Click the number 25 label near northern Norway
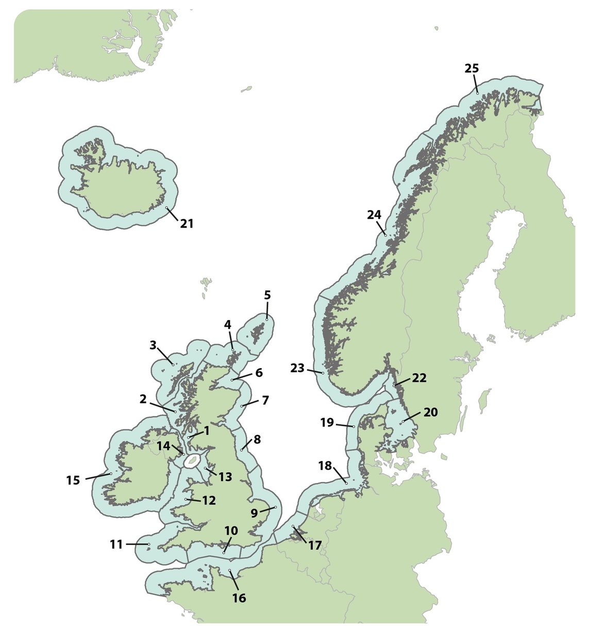click(x=472, y=68)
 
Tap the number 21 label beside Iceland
click(x=187, y=223)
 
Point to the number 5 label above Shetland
click(x=267, y=295)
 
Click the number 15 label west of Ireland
click(x=73, y=480)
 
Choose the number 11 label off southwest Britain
click(x=116, y=544)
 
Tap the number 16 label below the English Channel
click(x=239, y=598)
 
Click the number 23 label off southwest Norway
click(x=297, y=369)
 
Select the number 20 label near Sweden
click(x=430, y=412)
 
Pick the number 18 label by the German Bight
click(x=325, y=466)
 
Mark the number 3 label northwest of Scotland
click(x=153, y=345)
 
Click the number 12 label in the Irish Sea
click(x=209, y=500)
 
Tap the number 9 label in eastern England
click(x=254, y=513)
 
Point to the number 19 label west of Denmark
click(x=327, y=423)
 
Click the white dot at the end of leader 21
click(x=167, y=208)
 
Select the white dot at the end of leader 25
click(x=478, y=93)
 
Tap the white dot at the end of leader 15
click(x=111, y=474)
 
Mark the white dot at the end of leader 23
click(x=323, y=373)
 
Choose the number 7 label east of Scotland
click(x=265, y=400)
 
